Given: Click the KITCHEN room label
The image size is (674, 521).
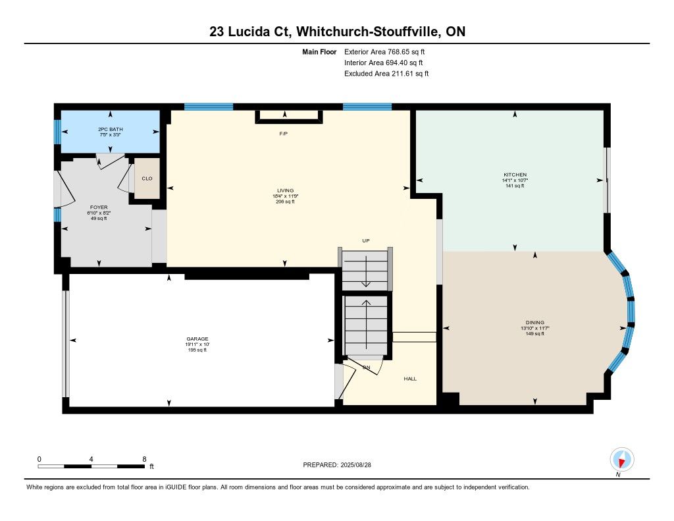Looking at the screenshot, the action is [x=515, y=175].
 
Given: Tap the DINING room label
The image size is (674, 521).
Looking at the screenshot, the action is [x=534, y=322].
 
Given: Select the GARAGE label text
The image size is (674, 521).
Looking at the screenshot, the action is [x=197, y=339].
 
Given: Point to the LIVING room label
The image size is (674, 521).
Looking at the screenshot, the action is [x=286, y=190].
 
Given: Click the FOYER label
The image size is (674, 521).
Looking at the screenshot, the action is [x=99, y=207].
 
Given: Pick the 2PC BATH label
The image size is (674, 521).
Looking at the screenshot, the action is [x=111, y=129].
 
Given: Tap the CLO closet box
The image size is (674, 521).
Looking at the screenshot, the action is [x=147, y=178].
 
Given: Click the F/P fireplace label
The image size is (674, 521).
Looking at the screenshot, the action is [x=283, y=134].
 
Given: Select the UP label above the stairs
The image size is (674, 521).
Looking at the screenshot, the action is [x=366, y=240].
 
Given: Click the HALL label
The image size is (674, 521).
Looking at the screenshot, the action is [x=410, y=379].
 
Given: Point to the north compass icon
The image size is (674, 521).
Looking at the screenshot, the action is [x=621, y=460].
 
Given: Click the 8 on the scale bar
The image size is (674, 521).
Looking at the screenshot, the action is [x=144, y=459].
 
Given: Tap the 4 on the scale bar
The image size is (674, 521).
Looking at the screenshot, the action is [x=91, y=459].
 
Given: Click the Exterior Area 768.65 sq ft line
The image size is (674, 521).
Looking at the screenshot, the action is [x=384, y=51].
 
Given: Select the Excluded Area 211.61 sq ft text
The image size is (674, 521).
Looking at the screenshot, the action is [x=386, y=74].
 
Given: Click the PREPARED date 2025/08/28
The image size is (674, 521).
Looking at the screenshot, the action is [x=355, y=464].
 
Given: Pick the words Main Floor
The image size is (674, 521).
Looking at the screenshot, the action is [x=319, y=51].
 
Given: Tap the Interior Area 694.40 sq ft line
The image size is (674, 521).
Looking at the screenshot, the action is [x=384, y=63].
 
